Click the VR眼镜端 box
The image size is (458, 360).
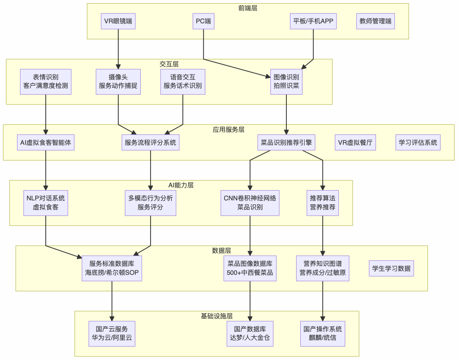(118, 21)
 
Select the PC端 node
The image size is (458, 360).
(203, 21)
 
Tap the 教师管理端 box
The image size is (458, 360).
(376, 21)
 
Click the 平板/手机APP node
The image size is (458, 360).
(313, 21)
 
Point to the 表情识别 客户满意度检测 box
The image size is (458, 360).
(46, 82)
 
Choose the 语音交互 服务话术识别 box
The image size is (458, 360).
(183, 82)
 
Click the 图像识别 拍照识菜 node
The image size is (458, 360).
(286, 82)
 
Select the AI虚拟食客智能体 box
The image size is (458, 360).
(46, 143)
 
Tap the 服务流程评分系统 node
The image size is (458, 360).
(151, 143)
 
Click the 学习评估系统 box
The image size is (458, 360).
(418, 143)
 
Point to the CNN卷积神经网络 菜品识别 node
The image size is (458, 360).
(250, 203)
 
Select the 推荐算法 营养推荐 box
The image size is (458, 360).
(323, 203)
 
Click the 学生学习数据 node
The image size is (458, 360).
(391, 269)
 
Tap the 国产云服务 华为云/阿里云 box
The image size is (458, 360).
(112, 334)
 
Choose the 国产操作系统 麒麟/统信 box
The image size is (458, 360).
(323, 334)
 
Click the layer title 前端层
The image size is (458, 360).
(248, 8)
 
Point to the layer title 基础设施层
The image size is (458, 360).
(217, 316)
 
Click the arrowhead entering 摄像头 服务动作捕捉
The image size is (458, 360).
(118, 66)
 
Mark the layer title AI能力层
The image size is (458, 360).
(181, 185)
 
